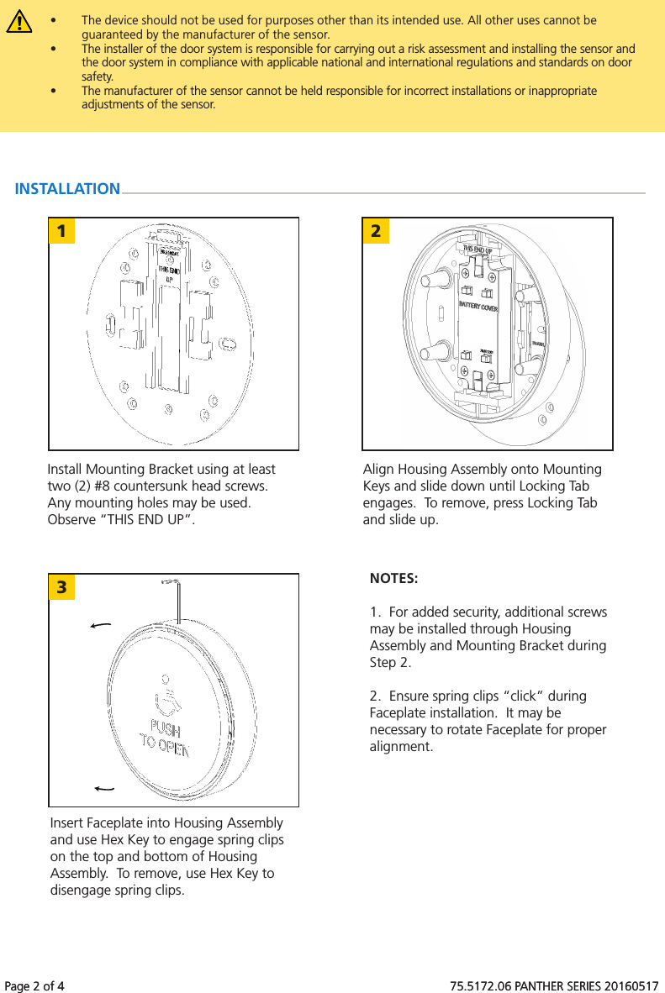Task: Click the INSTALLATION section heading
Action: [x=67, y=189]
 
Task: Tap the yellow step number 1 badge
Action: [x=61, y=230]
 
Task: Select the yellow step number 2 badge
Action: [x=376, y=230]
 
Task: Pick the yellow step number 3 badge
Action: [x=61, y=586]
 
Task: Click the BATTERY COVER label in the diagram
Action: [x=478, y=308]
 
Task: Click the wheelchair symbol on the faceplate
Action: [x=165, y=694]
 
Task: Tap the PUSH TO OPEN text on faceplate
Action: [x=165, y=735]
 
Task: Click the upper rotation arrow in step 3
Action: [x=101, y=626]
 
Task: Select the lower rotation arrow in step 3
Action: [x=105, y=788]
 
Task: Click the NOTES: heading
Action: [x=393, y=579]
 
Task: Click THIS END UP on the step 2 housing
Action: [x=478, y=250]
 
